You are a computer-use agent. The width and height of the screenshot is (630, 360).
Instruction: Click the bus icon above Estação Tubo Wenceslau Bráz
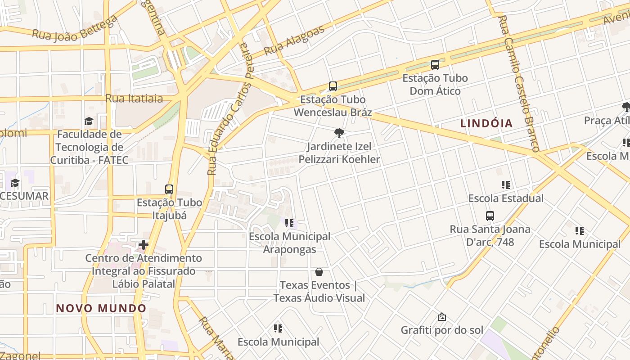(333, 86)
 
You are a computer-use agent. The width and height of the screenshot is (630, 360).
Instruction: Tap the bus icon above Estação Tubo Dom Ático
(435, 65)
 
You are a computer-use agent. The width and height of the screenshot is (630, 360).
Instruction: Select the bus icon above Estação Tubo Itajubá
(169, 189)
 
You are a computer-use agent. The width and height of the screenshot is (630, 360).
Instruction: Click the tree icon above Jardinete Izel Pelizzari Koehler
(339, 133)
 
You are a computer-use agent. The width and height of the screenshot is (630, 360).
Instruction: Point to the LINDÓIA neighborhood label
(486, 123)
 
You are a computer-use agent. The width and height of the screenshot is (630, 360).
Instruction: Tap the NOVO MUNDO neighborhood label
(101, 308)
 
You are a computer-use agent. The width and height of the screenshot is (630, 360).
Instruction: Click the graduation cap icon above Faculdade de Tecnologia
(89, 121)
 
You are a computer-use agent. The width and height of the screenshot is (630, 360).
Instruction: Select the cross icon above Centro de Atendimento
(144, 245)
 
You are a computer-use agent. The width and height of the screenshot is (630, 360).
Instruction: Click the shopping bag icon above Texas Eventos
(319, 272)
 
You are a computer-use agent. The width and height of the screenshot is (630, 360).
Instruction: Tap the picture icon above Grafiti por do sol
(442, 317)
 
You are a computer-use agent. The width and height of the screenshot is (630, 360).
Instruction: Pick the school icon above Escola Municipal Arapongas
(289, 223)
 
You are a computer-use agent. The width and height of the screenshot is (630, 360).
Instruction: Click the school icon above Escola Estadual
(506, 185)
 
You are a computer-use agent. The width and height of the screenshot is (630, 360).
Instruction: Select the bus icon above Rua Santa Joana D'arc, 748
(490, 216)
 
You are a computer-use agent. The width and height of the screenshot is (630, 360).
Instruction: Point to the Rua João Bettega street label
(75, 29)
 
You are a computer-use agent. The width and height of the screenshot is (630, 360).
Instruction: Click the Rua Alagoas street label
(294, 40)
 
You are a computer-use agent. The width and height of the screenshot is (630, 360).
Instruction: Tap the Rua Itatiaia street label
(134, 98)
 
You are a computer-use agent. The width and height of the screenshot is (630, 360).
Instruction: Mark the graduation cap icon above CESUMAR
(15, 183)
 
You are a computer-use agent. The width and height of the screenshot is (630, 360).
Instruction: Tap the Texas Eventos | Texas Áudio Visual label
(319, 291)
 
